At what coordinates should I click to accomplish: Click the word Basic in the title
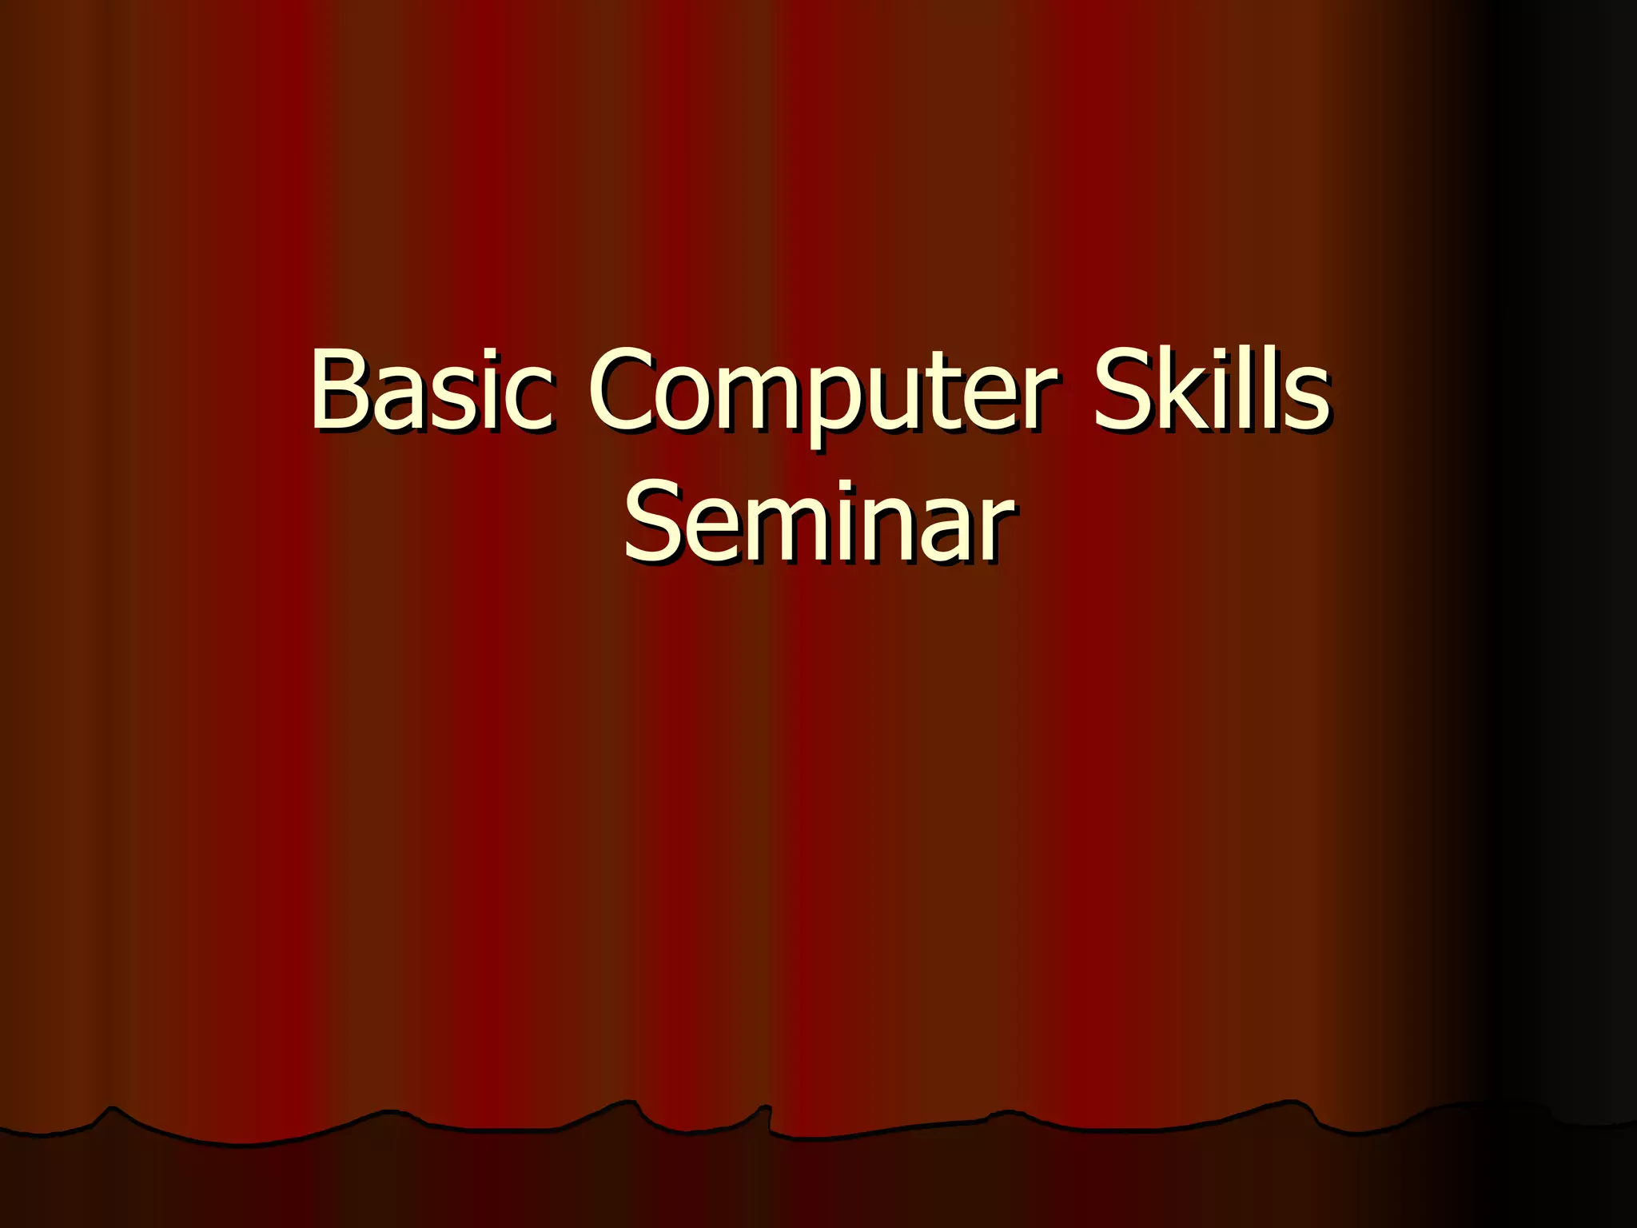(431, 389)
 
